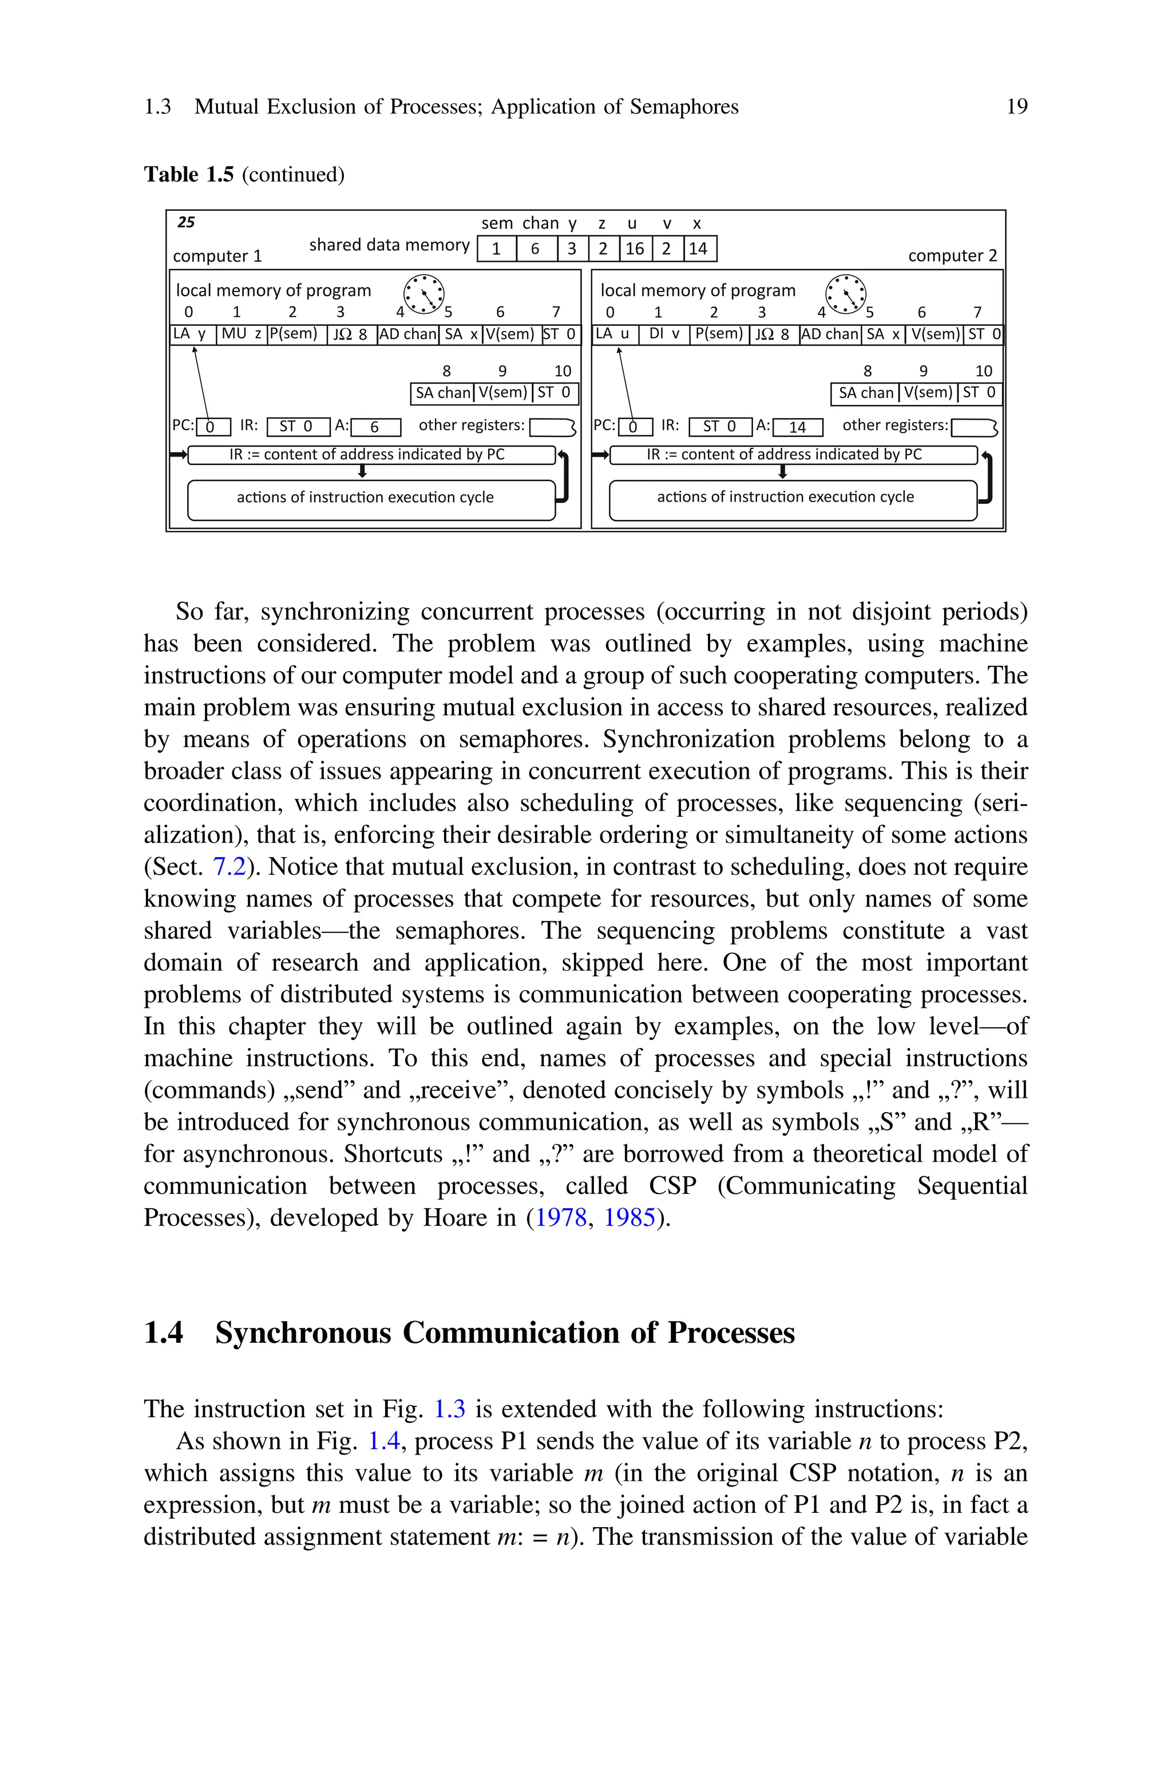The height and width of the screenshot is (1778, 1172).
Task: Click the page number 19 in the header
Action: (x=1016, y=107)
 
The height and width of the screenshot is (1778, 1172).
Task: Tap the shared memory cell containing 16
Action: (x=635, y=249)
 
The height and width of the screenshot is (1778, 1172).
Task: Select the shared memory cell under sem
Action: (x=496, y=249)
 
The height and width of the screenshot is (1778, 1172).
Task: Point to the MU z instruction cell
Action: (x=241, y=334)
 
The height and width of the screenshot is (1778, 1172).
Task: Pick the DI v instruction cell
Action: (x=664, y=334)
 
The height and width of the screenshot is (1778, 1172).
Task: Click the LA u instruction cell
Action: (x=615, y=334)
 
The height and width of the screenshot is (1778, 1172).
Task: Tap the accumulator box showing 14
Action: (x=798, y=427)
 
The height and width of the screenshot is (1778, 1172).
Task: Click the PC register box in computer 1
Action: (x=212, y=427)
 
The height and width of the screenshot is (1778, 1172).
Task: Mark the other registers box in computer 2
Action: (x=973, y=427)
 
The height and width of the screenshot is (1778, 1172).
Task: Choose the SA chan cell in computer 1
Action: (x=442, y=393)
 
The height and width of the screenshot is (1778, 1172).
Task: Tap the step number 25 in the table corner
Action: (x=186, y=222)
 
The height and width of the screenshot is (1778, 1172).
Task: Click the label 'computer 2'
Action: (x=952, y=256)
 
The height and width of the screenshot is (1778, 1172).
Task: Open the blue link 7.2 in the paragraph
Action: (x=229, y=866)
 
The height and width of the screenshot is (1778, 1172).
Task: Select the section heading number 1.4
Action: (x=163, y=1333)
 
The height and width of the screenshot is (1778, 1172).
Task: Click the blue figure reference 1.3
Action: (x=449, y=1409)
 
